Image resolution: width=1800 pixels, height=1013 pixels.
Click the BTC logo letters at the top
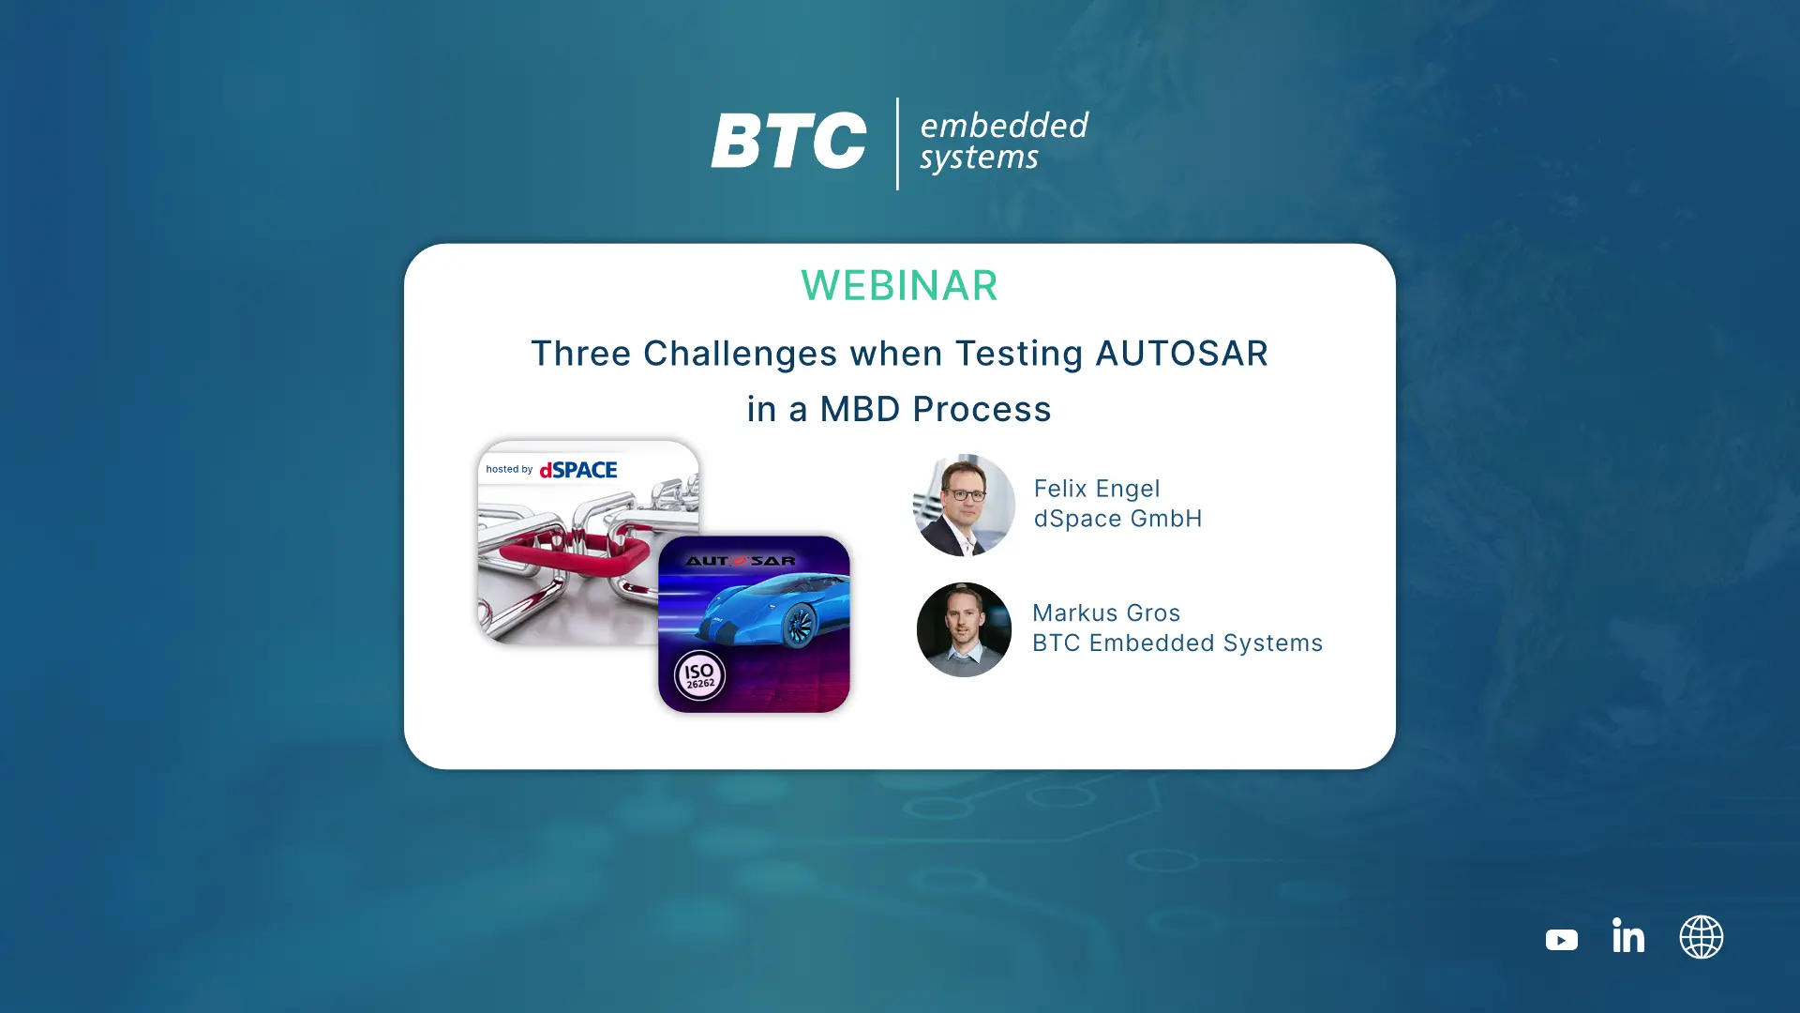click(788, 141)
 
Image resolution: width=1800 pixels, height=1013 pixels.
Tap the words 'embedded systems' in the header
click(1004, 142)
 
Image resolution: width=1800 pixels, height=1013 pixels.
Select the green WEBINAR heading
click(899, 285)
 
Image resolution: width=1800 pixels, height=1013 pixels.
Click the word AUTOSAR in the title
click(1181, 354)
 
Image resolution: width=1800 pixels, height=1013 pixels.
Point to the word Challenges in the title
click(740, 355)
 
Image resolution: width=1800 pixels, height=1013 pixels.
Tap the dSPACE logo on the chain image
click(577, 469)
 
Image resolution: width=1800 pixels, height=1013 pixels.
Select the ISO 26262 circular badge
click(699, 675)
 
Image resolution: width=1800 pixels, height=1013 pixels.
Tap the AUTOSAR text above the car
click(741, 561)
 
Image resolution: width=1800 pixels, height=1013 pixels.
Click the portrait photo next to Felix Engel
click(964, 506)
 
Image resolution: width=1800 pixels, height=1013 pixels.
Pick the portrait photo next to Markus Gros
click(964, 629)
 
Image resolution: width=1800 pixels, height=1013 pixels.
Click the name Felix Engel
click(1097, 489)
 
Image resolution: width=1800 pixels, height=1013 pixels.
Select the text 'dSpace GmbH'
click(1117, 519)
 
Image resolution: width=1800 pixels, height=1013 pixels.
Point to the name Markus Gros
click(1106, 612)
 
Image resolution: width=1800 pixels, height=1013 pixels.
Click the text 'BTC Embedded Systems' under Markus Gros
click(1177, 643)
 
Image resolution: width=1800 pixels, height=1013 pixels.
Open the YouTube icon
click(1562, 939)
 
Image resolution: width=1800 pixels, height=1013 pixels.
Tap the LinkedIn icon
click(1628, 935)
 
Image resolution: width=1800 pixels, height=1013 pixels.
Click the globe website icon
click(1702, 937)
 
